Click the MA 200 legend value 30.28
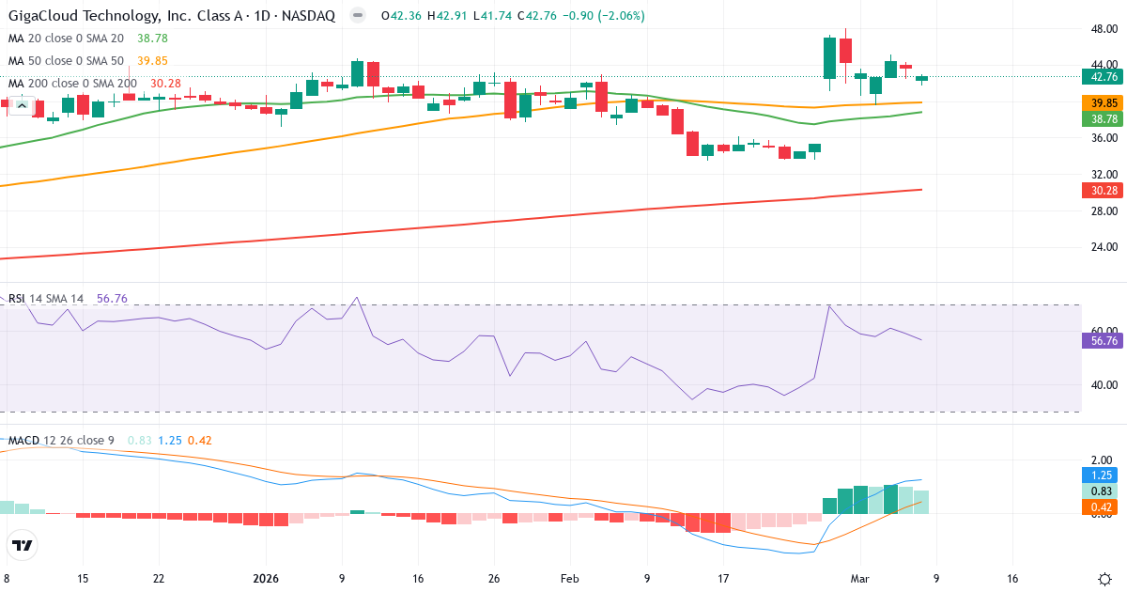tap(165, 84)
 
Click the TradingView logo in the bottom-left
tap(23, 545)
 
